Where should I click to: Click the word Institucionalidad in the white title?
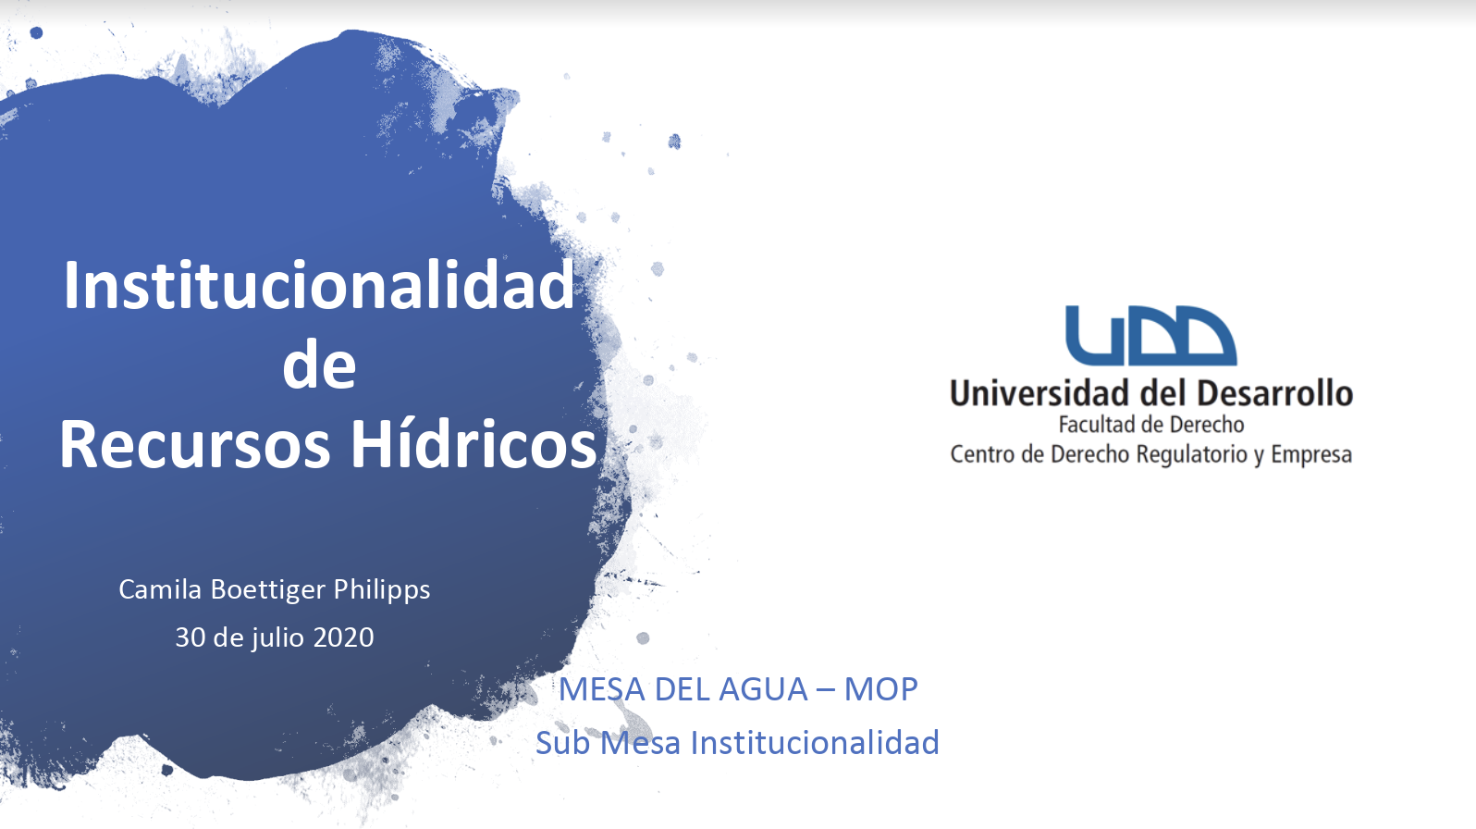coord(319,285)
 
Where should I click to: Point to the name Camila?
coord(160,589)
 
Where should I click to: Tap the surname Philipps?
coord(382,590)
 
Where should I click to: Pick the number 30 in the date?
coord(191,637)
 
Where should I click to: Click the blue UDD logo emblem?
coord(1151,336)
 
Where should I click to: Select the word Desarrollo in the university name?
coord(1275,392)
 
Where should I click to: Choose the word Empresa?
coord(1311,455)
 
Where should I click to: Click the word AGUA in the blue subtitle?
coord(763,689)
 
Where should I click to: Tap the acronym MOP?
coord(881,689)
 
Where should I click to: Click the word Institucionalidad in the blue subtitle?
coord(815,742)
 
